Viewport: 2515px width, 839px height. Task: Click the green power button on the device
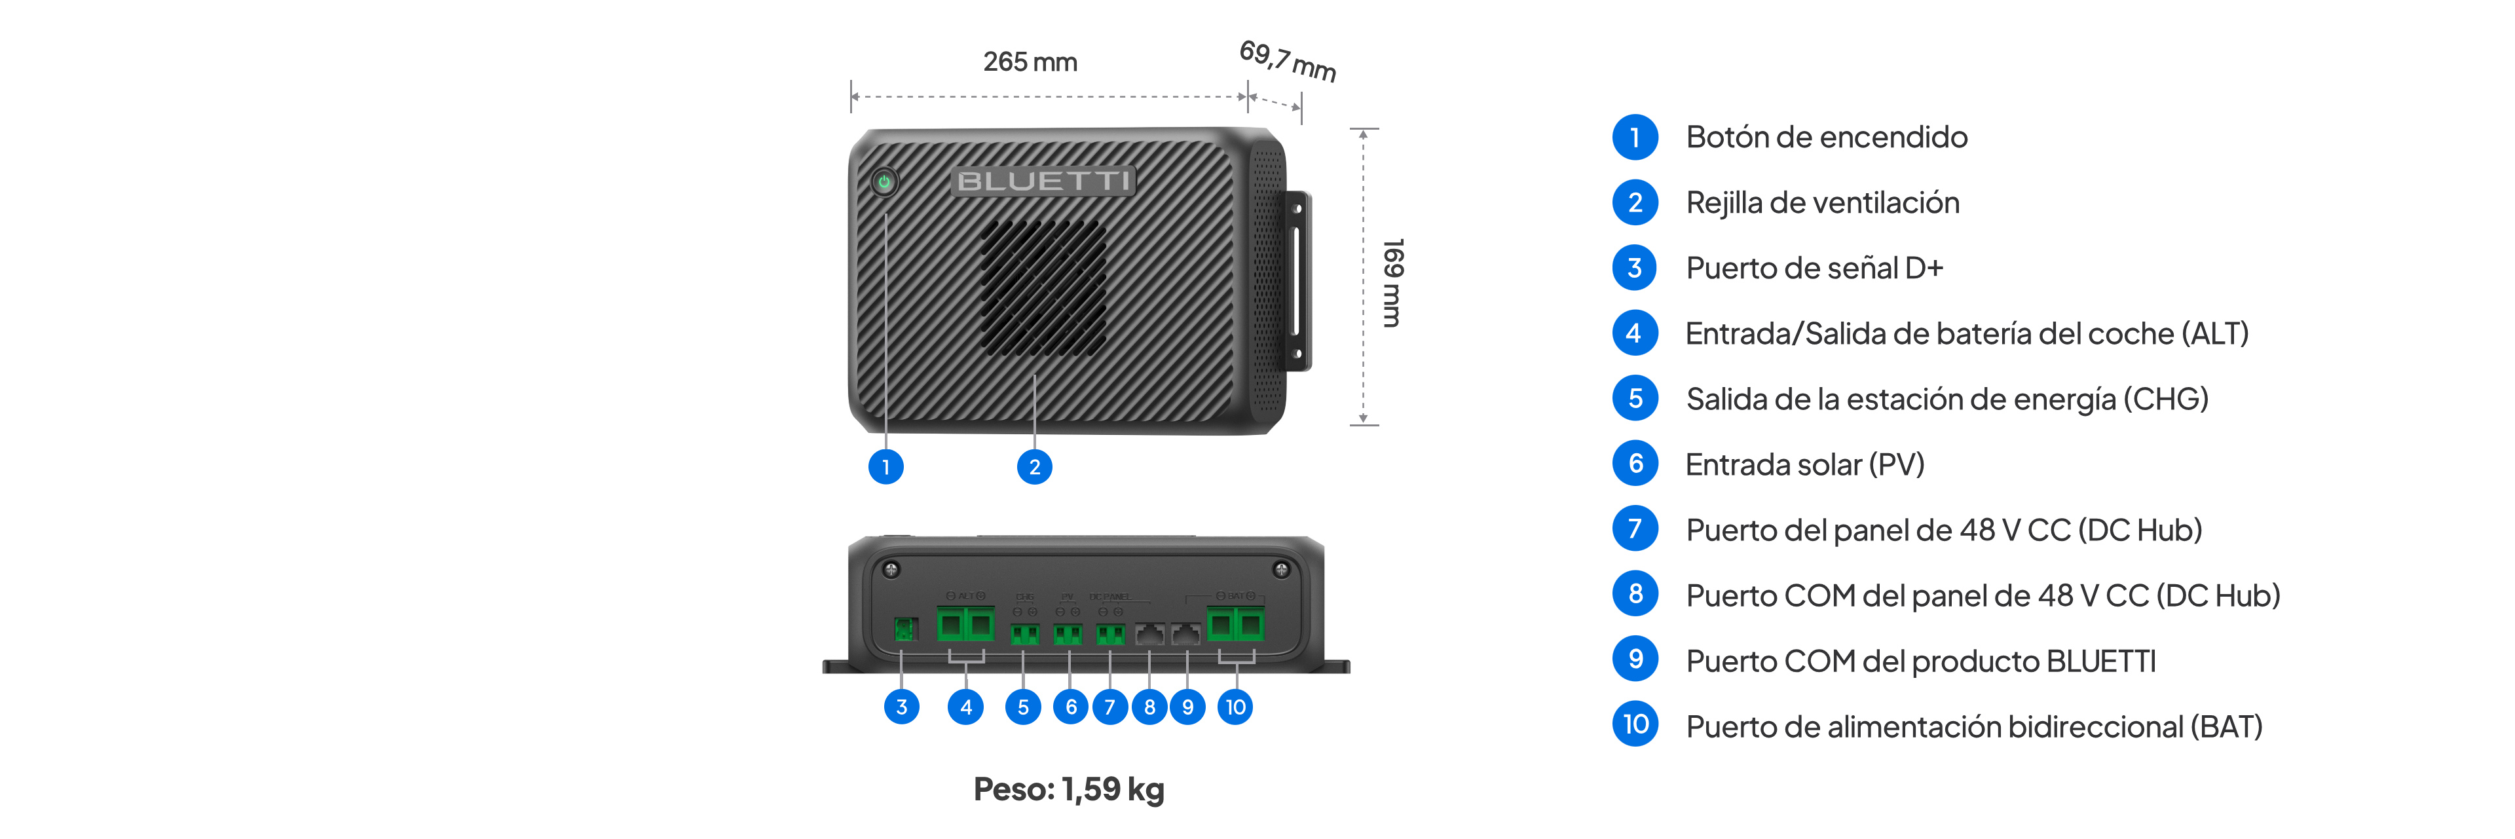[x=885, y=181]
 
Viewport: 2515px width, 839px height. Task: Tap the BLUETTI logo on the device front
[x=1043, y=181]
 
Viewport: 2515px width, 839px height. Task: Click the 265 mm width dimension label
[x=1030, y=62]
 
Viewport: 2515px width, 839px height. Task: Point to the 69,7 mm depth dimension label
[x=1287, y=60]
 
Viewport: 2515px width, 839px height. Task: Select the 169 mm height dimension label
[x=1392, y=282]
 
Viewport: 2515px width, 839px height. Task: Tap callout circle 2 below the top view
[x=1034, y=467]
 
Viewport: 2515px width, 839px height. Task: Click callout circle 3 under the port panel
[x=901, y=706]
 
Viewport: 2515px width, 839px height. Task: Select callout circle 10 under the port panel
[x=1235, y=706]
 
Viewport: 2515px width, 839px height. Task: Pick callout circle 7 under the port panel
[x=1109, y=706]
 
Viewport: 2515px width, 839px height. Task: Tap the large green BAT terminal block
[x=1235, y=623]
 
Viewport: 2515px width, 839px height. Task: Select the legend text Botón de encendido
[x=1826, y=138]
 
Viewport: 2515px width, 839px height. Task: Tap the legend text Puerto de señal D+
[x=1814, y=269]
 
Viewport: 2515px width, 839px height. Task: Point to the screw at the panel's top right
[x=1281, y=569]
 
